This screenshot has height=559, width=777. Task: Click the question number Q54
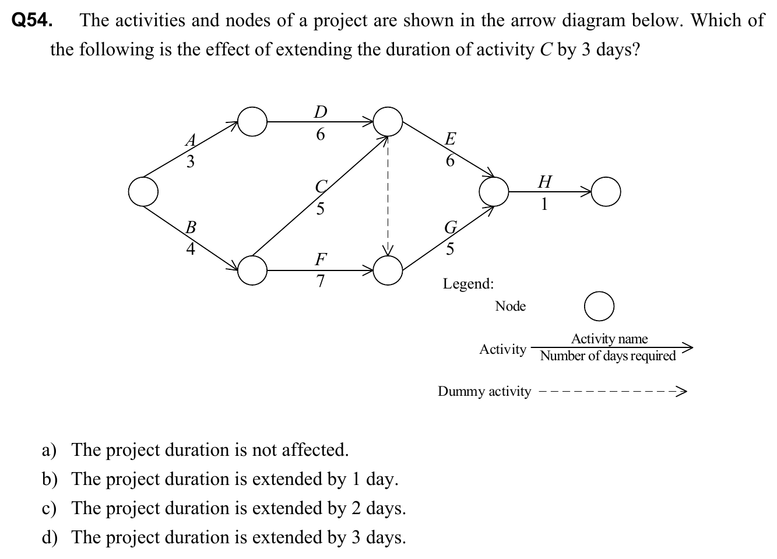pos(33,21)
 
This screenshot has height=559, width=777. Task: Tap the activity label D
pos(320,111)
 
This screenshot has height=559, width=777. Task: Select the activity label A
pos(191,140)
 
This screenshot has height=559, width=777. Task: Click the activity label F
pos(321,258)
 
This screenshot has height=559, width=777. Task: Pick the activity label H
pos(544,182)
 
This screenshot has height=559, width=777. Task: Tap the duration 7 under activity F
pos(320,281)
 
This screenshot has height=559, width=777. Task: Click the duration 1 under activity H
pos(544,205)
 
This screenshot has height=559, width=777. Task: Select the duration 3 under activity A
pos(191,161)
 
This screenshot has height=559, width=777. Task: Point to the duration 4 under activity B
pos(190,249)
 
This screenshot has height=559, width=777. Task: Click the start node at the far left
pos(143,191)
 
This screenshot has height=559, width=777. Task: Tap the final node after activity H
pos(606,191)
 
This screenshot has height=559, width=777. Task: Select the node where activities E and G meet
pos(494,191)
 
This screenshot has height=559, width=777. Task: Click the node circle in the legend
pos(599,307)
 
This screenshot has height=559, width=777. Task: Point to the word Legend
pos(468,284)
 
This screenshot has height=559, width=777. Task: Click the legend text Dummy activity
pos(484,391)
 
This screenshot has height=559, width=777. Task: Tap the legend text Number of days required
pos(608,356)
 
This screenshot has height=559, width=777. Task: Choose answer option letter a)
pos(49,450)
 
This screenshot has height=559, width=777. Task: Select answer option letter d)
pos(49,537)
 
